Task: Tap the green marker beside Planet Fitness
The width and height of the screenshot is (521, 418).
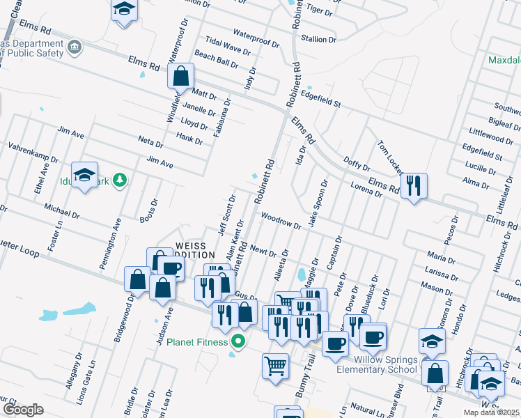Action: (x=238, y=341)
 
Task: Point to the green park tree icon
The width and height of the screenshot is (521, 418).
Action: (x=120, y=180)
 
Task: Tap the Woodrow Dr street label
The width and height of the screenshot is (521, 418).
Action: (x=281, y=221)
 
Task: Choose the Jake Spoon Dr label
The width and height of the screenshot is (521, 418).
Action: (x=318, y=203)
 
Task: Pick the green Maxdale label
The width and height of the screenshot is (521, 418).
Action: (x=504, y=59)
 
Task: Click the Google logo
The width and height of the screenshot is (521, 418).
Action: (x=23, y=410)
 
